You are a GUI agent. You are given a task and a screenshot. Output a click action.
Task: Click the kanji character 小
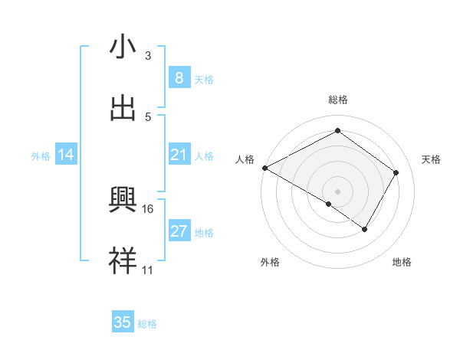123,47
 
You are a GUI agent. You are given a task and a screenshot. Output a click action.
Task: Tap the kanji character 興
123,200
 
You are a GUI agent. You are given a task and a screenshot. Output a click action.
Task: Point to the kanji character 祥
123,260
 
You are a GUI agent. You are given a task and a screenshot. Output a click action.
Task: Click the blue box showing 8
179,78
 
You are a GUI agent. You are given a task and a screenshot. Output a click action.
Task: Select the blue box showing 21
179,155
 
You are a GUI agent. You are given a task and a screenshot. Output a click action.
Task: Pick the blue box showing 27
179,231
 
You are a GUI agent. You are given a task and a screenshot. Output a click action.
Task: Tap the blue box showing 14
66,155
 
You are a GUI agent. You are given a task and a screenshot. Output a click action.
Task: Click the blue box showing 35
123,322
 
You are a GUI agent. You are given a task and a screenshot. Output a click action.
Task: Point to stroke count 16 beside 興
148,208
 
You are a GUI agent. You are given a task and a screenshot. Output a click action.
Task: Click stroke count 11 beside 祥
148,270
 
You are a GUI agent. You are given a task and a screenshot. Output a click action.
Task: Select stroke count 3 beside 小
148,56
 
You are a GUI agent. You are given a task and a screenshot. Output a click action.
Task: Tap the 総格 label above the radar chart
338,100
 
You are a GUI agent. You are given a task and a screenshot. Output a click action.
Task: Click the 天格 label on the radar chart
431,159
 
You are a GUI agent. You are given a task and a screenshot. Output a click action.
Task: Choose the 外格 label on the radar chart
270,262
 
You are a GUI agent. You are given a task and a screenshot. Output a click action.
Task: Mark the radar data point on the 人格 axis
264,168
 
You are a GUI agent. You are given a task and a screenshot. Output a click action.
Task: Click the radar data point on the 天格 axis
396,172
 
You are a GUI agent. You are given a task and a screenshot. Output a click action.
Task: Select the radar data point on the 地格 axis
365,229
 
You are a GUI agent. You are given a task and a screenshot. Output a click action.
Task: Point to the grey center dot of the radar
337,191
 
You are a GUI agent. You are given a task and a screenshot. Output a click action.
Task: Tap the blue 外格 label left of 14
41,156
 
